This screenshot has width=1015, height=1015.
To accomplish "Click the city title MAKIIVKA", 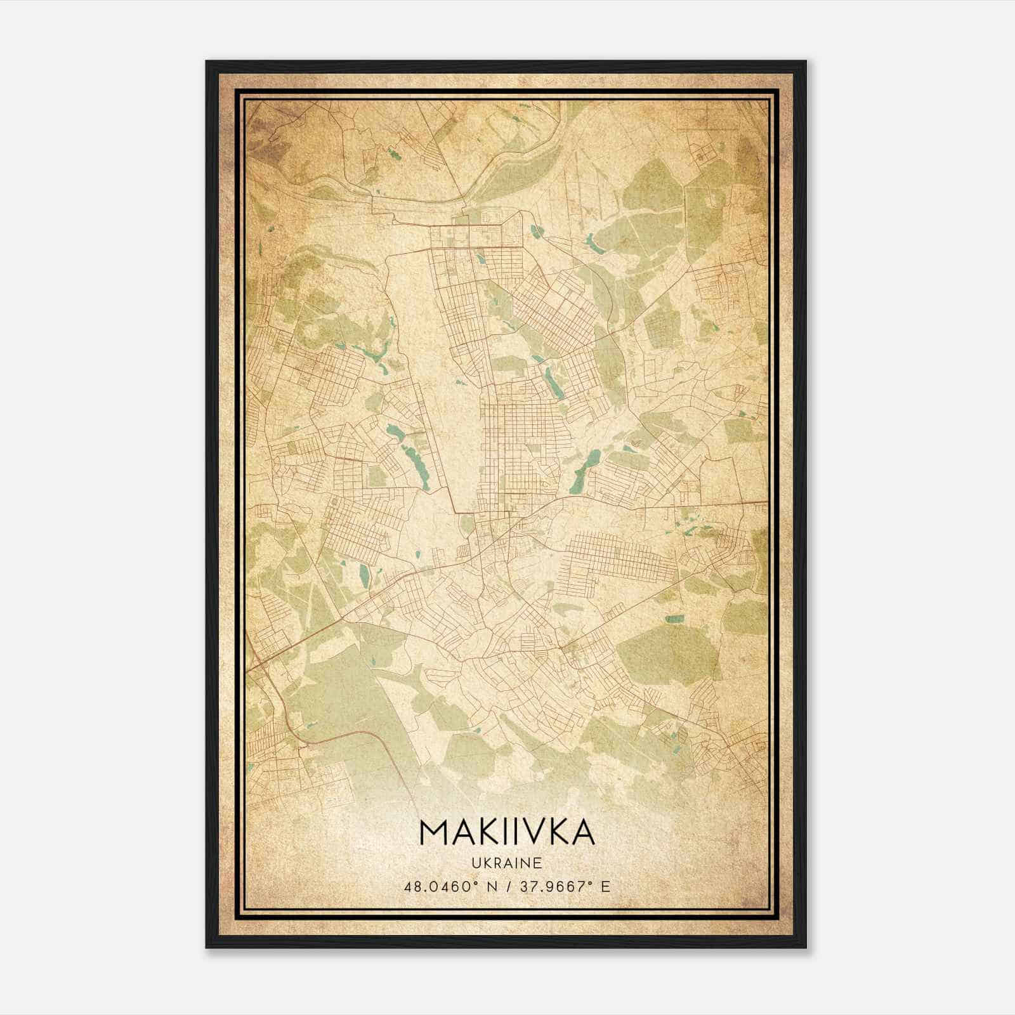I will (507, 833).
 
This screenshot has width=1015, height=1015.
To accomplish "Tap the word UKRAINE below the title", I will (507, 863).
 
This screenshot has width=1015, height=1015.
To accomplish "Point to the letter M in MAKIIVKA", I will (433, 833).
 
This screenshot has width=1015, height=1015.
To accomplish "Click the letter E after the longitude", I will (606, 887).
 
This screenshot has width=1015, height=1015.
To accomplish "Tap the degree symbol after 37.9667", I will (591, 883).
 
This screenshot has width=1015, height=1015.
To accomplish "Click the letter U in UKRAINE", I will (476, 863).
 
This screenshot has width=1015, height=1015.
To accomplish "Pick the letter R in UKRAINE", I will (497, 863).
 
